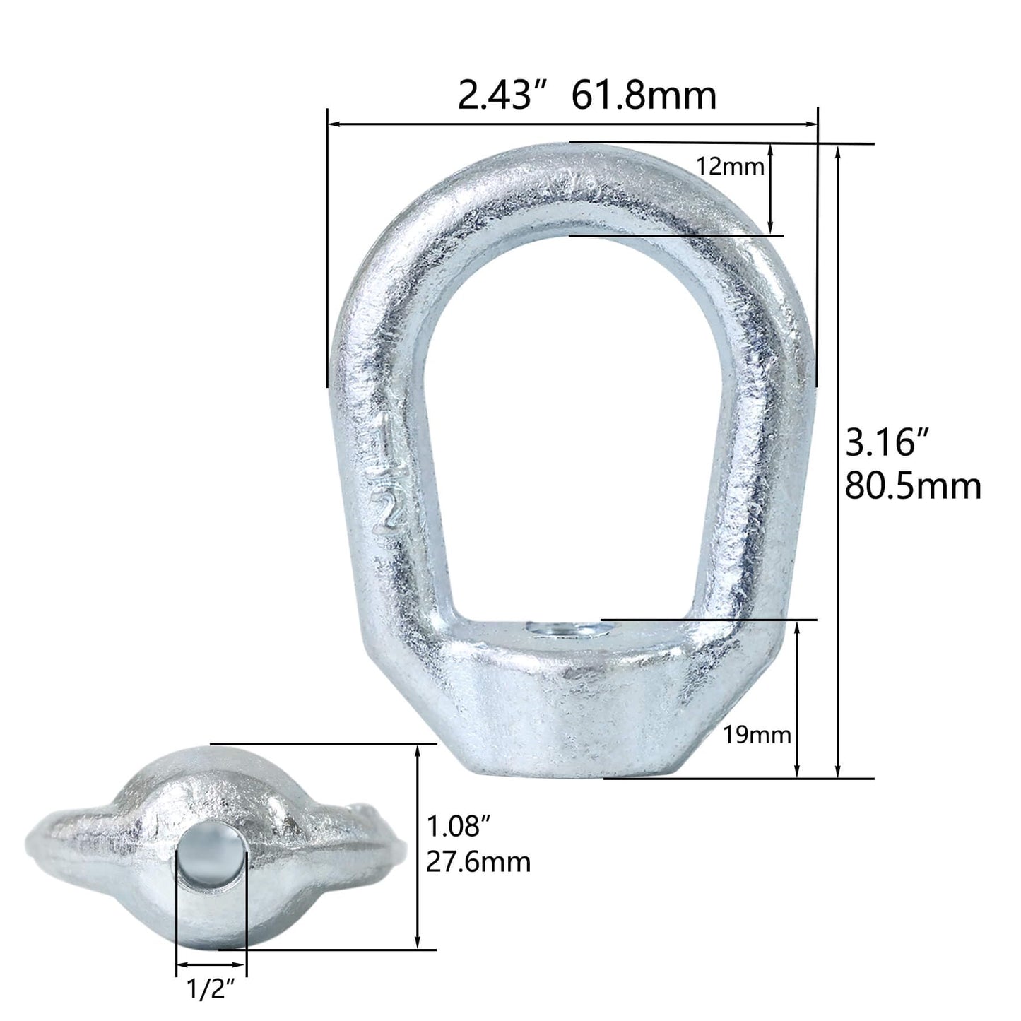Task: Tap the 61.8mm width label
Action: pos(644,95)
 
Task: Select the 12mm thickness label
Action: pos(730,167)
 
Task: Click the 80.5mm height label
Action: pos(913,487)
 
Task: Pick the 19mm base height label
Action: pos(757,736)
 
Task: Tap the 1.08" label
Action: pos(459,825)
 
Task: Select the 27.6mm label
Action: pos(478,861)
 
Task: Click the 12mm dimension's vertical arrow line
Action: pos(771,189)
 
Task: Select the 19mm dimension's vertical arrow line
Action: pos(798,699)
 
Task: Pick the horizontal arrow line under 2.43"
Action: pos(572,125)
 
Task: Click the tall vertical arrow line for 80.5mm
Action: pos(838,459)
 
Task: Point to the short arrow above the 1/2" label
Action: pos(211,964)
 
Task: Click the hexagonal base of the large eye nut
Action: pos(601,714)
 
